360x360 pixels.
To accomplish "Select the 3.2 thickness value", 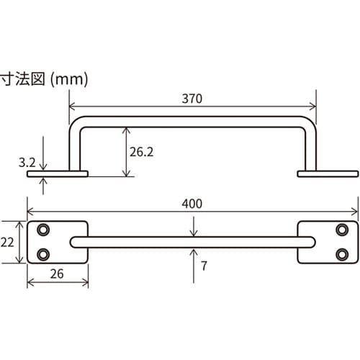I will click(27, 163).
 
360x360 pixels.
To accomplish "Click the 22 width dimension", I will click(8, 243).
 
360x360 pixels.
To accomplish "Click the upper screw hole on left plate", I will click(44, 230).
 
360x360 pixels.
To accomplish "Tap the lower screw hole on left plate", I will click(44, 254).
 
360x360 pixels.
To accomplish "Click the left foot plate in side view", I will click(56, 174).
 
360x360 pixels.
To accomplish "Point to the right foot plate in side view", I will click(328, 174).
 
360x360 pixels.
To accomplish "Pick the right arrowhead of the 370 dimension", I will click(313, 105).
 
